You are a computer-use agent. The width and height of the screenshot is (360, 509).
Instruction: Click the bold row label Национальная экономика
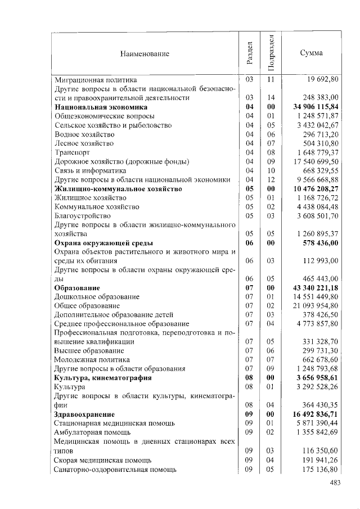pos(101,107)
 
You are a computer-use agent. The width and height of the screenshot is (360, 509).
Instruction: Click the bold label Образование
pos(77,289)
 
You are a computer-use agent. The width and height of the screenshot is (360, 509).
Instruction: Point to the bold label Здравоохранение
pos(84,415)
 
